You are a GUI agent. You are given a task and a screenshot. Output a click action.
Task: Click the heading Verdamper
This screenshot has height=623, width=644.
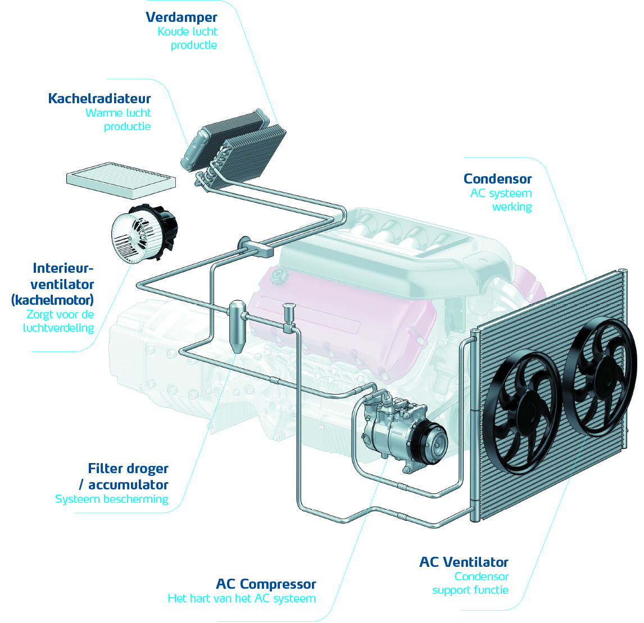point(181,17)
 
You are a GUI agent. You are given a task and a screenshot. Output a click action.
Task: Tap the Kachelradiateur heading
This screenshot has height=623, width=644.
point(99,99)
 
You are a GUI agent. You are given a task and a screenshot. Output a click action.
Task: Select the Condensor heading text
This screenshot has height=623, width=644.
point(497,179)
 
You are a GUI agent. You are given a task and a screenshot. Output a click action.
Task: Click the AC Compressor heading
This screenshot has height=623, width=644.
point(266,584)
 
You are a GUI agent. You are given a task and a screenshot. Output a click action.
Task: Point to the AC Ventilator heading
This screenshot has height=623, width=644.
point(464,562)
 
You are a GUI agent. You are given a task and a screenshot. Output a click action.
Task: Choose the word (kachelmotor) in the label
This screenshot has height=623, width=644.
point(53,299)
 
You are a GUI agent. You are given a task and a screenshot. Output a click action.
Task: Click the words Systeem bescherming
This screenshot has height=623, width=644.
point(112,499)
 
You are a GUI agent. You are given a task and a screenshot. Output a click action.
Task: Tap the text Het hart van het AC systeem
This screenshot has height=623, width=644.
point(242,598)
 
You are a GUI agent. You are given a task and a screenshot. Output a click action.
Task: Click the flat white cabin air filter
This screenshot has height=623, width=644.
point(121,180)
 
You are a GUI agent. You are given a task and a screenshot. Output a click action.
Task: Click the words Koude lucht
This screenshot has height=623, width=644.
point(187,31)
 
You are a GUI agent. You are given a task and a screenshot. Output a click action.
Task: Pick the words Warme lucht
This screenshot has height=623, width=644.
point(118,113)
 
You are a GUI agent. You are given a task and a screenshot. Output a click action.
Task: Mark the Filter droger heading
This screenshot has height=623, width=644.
point(128,469)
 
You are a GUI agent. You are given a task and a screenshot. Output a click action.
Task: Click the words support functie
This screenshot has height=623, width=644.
point(470,590)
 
